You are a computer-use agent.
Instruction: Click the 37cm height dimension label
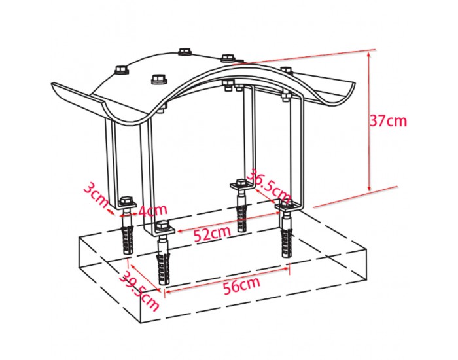tap(388, 120)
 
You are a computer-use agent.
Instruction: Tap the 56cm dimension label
tap(241, 285)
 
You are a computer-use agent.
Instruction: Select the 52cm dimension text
tap(213, 234)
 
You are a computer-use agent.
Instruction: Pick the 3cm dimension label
tap(96, 195)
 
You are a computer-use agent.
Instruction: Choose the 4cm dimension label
tap(152, 210)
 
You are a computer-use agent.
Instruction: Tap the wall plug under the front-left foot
tap(128, 239)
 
